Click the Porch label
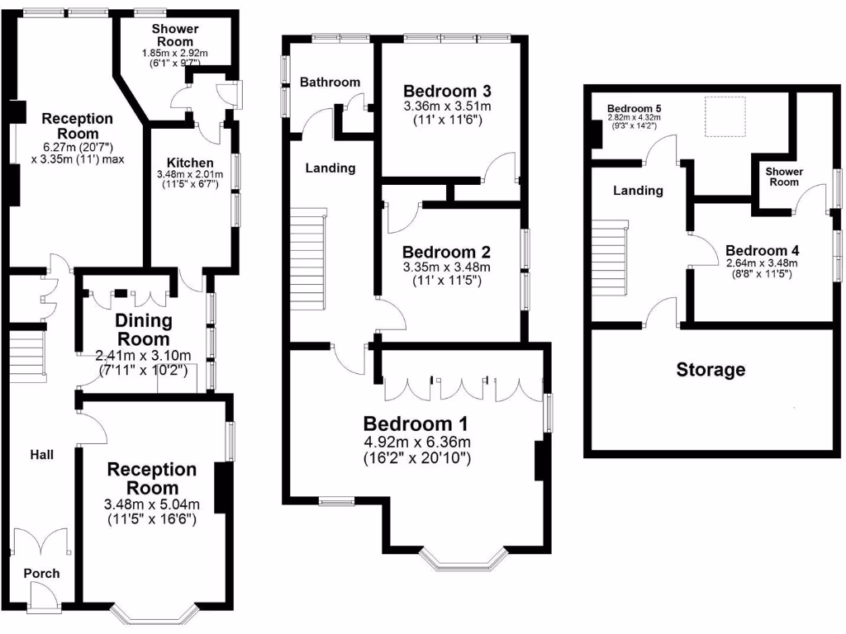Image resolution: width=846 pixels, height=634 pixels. click(41, 574)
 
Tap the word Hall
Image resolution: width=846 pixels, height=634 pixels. click(42, 455)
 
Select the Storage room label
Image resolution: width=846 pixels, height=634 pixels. click(711, 370)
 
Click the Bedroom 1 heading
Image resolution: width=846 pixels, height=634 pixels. click(416, 423)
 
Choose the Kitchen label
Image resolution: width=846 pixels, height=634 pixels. click(190, 163)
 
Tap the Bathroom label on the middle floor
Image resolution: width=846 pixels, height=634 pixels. click(330, 82)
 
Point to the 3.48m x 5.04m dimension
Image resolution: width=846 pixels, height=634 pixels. click(152, 504)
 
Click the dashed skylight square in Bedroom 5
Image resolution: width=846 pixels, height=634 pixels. click(725, 116)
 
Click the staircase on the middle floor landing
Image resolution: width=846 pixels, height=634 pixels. click(308, 257)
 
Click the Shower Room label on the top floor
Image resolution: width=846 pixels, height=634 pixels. click(784, 177)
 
